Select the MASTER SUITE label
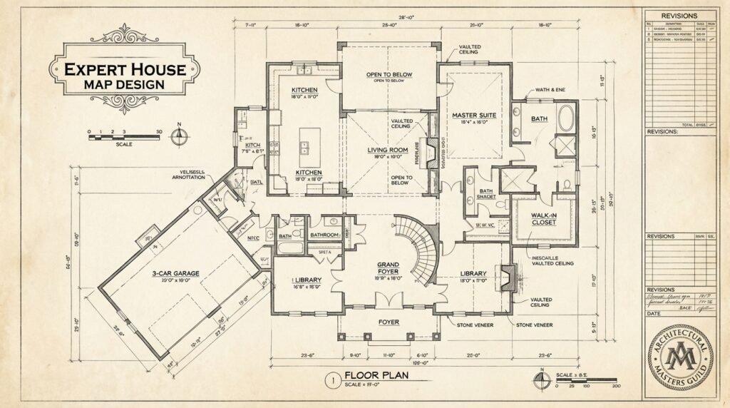pos(474,116)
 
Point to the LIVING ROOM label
pos(387,150)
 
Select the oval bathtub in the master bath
pos(565,118)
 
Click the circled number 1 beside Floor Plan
pos(330,379)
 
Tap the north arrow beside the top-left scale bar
pos(180,136)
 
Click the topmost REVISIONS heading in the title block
pos(679,16)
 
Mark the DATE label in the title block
pos(654,314)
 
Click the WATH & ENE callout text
pos(545,91)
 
